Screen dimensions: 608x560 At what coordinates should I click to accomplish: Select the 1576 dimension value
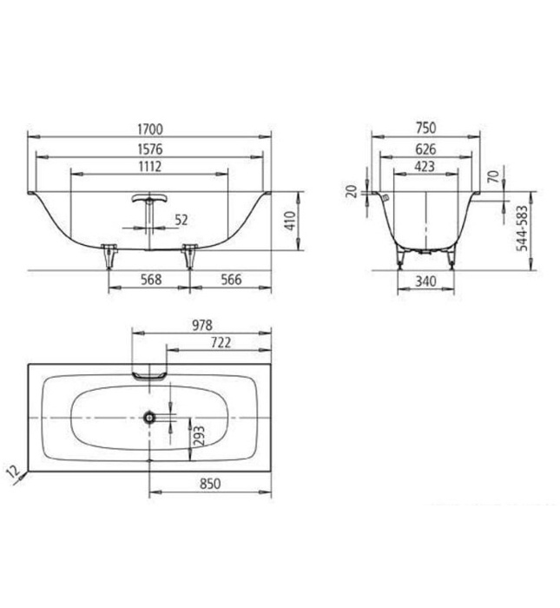tap(149, 148)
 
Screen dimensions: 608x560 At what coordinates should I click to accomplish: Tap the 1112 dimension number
tap(149, 166)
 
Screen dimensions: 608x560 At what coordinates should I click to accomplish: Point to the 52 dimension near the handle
tap(181, 221)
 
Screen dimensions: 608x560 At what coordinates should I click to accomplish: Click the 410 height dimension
tap(290, 222)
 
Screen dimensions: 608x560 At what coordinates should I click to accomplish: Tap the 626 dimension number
tap(425, 149)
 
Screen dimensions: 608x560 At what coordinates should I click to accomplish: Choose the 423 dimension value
tap(425, 167)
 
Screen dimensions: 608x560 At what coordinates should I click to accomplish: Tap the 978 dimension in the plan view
tap(201, 325)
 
